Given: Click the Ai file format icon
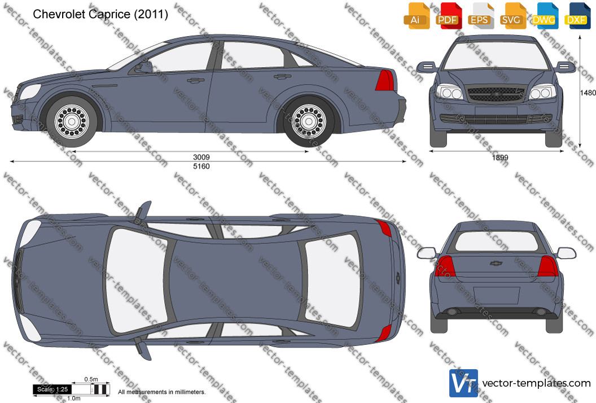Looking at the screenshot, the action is (417, 16).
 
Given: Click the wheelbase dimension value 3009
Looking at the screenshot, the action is (201, 157).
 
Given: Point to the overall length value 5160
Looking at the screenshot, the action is (201, 166).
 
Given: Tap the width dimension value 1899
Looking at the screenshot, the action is (500, 157).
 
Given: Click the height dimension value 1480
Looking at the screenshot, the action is (588, 93).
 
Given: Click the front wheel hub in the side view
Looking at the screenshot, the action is (71, 122).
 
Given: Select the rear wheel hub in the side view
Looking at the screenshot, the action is (309, 122).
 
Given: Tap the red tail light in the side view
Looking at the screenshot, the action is (384, 80).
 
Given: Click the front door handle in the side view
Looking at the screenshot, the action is (195, 80).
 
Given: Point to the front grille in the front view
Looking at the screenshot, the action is (496, 94).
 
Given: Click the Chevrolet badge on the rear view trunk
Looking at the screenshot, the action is (496, 263).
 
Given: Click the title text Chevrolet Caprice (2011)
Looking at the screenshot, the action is (100, 15).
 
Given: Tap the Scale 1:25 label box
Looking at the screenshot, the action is (52, 389).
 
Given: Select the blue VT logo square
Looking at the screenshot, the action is (463, 383).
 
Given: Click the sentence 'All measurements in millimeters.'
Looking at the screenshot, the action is (161, 392).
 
